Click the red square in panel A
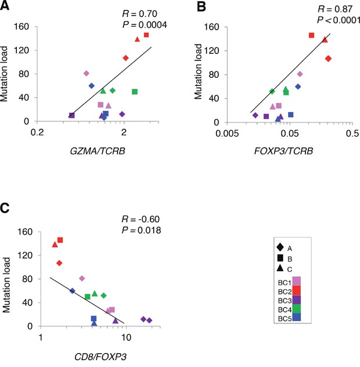pyautogui.click(x=146, y=35)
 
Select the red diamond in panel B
pyautogui.click(x=329, y=59)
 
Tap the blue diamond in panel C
pyautogui.click(x=73, y=291)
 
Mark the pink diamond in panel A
pyautogui.click(x=87, y=73)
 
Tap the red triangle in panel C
pyautogui.click(x=55, y=244)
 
